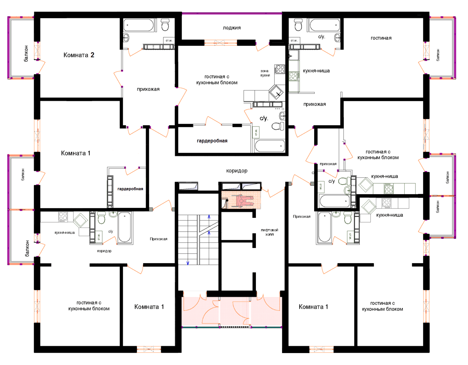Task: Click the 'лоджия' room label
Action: point(232,28)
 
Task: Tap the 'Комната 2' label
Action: point(79,55)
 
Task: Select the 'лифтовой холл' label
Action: point(269,232)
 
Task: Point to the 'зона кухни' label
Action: point(265,73)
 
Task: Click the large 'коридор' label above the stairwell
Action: point(236,171)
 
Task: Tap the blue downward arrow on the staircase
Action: point(187,263)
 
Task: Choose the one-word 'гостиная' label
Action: point(381,38)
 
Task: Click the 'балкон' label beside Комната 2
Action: point(26,54)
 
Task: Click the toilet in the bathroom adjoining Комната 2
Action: point(165,25)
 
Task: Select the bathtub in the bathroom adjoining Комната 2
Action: point(138,25)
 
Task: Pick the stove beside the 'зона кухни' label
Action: point(280,69)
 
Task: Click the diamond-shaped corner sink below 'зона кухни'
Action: point(276,92)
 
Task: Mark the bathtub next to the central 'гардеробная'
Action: point(270,146)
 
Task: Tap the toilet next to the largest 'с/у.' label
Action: point(278,126)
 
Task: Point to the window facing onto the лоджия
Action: point(221,43)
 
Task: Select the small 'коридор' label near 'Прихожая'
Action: point(104,251)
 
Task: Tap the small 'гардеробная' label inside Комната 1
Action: point(130,189)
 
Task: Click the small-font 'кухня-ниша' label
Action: point(65,233)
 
